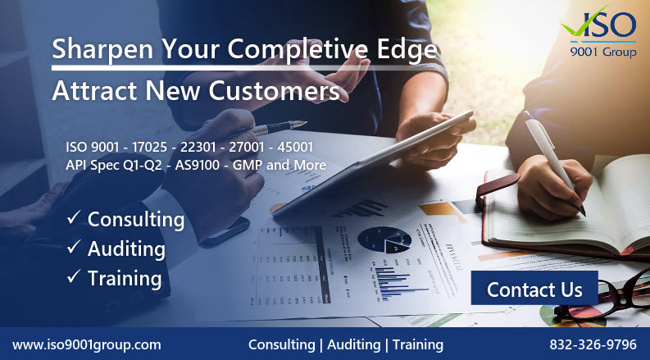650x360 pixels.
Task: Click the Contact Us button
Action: click(534, 289)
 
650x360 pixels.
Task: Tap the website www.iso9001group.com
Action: click(87, 344)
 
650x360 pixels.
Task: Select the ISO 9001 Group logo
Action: click(601, 34)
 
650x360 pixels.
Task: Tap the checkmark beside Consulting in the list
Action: click(73, 219)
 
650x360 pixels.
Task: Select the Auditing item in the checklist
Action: click(126, 248)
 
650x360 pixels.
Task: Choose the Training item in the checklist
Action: click(124, 278)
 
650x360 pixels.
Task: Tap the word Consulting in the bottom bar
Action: click(280, 344)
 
